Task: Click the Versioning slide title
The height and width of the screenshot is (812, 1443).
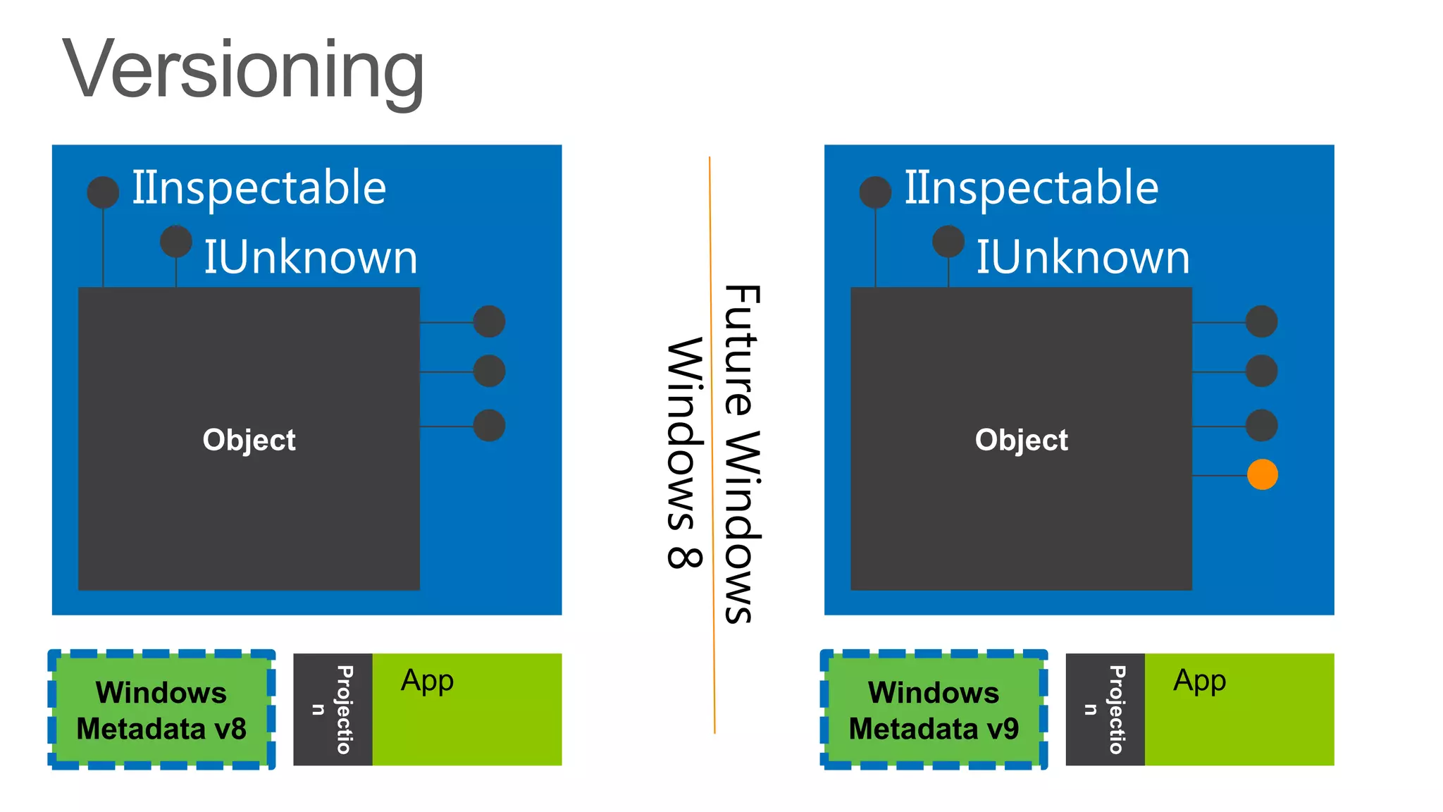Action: tap(243, 70)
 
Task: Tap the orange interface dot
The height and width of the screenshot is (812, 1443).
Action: tap(1262, 474)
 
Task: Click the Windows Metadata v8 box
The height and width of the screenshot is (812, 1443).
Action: tap(161, 710)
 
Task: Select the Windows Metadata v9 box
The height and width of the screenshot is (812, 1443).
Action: tap(934, 710)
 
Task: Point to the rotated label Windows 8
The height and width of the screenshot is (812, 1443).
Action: tap(684, 453)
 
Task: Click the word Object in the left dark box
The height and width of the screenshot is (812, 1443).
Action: tap(249, 440)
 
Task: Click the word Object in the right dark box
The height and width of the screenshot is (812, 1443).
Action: tap(1021, 440)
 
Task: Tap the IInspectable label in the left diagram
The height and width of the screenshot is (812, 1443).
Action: tap(259, 188)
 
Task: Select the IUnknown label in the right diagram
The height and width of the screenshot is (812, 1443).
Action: tap(1082, 257)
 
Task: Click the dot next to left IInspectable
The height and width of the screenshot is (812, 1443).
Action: tap(103, 192)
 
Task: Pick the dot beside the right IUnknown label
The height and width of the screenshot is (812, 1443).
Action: tap(948, 242)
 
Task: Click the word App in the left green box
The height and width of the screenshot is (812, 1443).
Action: tap(427, 681)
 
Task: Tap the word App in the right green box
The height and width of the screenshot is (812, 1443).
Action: tap(1199, 681)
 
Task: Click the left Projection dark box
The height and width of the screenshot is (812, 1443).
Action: tap(333, 709)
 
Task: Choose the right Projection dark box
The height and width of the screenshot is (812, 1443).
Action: tap(1105, 709)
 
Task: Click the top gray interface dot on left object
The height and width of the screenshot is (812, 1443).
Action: tap(489, 322)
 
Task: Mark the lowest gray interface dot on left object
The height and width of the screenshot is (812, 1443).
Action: tap(489, 425)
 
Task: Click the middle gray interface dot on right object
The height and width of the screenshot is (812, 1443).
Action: tap(1261, 371)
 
